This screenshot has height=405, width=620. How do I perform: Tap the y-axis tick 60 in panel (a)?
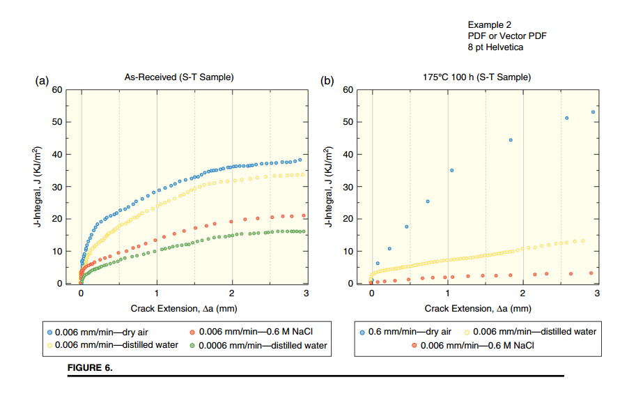pyautogui.click(x=57, y=90)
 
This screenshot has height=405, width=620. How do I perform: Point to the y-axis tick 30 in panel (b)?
pyautogui.click(x=348, y=187)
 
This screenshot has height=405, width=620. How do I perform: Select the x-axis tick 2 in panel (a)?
pyautogui.click(x=231, y=293)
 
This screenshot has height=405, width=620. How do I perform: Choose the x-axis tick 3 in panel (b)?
pyautogui.click(x=597, y=293)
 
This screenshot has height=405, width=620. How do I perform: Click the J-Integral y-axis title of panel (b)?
pyautogui.click(x=328, y=186)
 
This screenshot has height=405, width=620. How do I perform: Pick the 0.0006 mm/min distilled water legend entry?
pyautogui.click(x=258, y=345)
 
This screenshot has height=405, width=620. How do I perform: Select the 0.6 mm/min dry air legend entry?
pyautogui.click(x=405, y=332)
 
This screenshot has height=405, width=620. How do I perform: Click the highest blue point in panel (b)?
pyautogui.click(x=594, y=112)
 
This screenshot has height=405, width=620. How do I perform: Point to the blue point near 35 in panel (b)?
pyautogui.click(x=452, y=170)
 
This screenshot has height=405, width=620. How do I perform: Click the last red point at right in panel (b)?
pyautogui.click(x=591, y=273)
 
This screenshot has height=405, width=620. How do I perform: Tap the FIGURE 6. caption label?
pyautogui.click(x=90, y=367)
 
